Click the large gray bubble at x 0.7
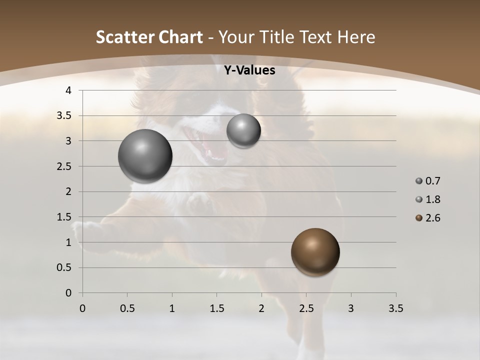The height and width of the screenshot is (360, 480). pos(145,156)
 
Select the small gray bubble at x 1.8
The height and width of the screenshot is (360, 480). pos(243,130)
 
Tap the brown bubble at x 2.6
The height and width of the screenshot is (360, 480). pos(315,252)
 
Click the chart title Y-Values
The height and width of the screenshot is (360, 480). pos(249,70)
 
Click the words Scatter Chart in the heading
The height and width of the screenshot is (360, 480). pos(149,37)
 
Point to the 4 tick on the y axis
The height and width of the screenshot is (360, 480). pos(68,90)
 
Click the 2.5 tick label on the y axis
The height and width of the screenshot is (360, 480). pos(64,166)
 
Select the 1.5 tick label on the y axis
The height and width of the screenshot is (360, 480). pos(64,217)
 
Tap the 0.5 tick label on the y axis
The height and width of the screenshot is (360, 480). pos(64,267)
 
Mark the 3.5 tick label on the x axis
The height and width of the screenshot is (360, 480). pos(395,309)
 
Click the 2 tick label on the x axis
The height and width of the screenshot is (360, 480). pos(261,309)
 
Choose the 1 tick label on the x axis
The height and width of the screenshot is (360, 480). pos(172,309)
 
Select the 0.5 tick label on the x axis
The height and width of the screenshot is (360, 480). pos(127,309)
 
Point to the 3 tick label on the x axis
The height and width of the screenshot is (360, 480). pos(351,309)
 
